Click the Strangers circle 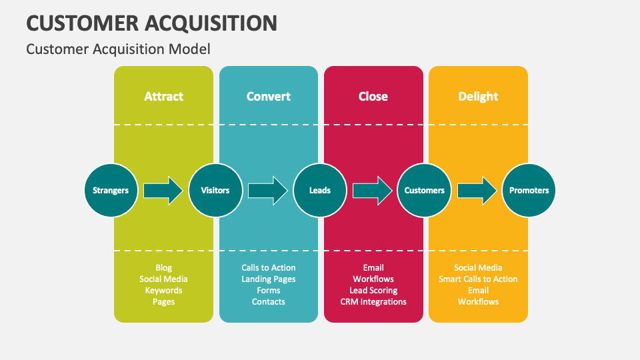point(111,190)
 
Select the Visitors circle point(215,190)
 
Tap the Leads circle point(320,190)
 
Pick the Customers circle point(425,190)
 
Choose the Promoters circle point(529,190)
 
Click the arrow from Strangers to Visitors point(163,191)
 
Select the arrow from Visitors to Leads point(268,191)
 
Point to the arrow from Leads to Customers point(372,191)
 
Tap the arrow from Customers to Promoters point(477,191)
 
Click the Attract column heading point(163,96)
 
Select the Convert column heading point(268,96)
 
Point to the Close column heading point(373,96)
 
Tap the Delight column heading point(478,96)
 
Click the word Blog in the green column point(163,268)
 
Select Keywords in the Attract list point(163,291)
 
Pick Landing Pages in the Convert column point(268,279)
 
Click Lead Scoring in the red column point(373,291)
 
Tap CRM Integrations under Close point(373,302)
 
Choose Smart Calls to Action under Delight point(478,279)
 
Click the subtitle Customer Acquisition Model point(118,49)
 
